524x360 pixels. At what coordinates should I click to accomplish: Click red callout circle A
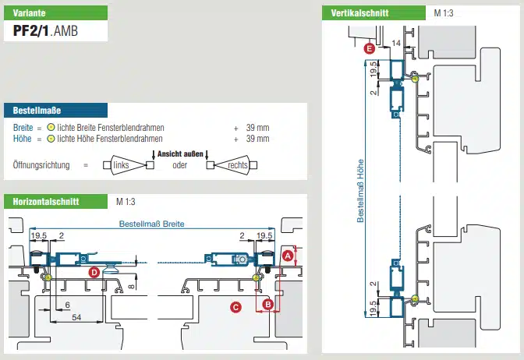click(x=288, y=255)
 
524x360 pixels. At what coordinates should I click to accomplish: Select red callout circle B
click(x=267, y=304)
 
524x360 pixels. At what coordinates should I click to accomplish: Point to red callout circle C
click(x=235, y=307)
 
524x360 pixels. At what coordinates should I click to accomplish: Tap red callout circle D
click(x=94, y=272)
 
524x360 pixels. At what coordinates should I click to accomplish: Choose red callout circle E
click(x=369, y=48)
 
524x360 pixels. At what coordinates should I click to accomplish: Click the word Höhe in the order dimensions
click(x=22, y=139)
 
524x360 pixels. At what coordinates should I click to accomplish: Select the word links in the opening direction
click(x=121, y=165)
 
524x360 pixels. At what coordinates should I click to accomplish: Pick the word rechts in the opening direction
click(x=238, y=165)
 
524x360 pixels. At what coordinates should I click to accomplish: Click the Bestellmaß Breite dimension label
click(x=151, y=224)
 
